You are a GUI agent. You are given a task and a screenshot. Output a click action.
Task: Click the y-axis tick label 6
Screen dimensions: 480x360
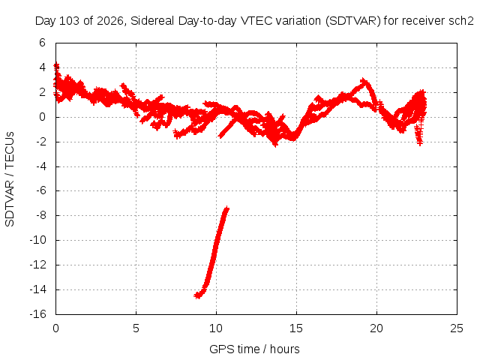coord(42,43)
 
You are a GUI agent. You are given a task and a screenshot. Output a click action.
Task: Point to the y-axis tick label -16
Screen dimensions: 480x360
coord(37,314)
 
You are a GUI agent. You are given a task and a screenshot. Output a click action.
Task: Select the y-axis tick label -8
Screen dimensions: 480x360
coord(40,215)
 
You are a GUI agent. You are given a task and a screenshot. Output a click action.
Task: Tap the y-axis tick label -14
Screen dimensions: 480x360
coord(37,289)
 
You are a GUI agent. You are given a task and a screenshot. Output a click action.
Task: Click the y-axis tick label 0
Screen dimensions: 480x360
coord(42,117)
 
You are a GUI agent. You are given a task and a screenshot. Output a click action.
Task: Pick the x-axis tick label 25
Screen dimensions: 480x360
coord(457,328)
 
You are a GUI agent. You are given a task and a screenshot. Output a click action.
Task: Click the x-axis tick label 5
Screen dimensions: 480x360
coord(136,328)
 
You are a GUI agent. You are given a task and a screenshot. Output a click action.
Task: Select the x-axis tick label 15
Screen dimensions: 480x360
coord(296,328)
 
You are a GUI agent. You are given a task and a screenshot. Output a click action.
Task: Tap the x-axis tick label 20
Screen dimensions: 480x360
coord(376,328)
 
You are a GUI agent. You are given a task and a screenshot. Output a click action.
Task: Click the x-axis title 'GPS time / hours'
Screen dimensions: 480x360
coord(254,349)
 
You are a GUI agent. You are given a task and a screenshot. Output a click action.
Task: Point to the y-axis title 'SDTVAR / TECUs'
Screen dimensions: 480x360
coord(10,179)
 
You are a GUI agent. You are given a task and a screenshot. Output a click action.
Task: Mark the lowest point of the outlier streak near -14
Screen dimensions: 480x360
coord(198,296)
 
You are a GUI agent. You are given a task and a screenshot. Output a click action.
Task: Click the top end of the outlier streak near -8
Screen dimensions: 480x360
coord(226,208)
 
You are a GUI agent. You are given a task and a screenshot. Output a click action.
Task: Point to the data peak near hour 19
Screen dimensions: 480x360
coord(364,81)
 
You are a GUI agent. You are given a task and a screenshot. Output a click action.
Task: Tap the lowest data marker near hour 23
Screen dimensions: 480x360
coord(420,143)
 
